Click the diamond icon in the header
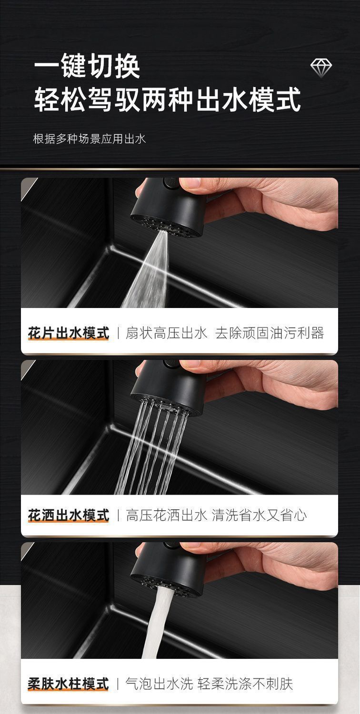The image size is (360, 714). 321,68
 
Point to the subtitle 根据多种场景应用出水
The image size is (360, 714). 89,139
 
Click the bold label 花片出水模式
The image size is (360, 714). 68,333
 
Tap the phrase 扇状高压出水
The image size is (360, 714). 166,333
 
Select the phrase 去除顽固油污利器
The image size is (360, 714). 270,333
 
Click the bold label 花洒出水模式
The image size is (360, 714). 68,515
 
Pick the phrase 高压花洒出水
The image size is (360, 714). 166,515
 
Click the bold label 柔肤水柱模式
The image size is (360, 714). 68,684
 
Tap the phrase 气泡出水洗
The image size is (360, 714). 159,684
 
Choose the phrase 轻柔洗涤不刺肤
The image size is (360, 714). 246,684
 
